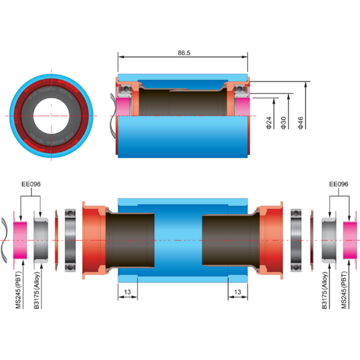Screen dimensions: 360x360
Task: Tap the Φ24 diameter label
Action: pos(268,123)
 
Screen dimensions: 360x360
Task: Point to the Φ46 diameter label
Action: pos(301,123)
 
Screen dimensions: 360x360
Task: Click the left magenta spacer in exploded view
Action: pos(20,240)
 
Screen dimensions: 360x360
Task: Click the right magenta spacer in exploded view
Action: pos(350,240)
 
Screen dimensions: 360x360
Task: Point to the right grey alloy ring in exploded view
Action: pos(329,240)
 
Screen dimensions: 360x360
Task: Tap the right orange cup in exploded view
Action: pos(273,240)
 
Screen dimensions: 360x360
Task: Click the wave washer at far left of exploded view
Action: pos(5,240)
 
